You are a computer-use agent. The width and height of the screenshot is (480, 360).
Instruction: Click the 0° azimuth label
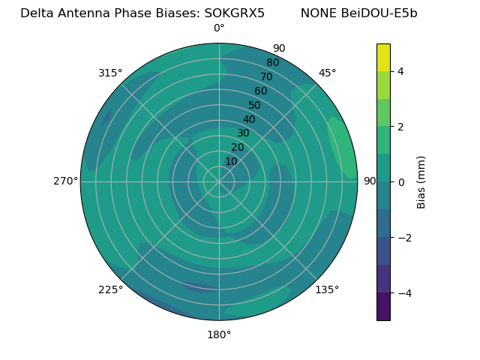click(219, 28)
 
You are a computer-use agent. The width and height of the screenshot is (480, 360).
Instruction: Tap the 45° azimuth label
click(327, 73)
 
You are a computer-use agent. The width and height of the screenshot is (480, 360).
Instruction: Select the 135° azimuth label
click(327, 289)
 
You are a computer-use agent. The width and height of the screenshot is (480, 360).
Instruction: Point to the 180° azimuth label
click(219, 334)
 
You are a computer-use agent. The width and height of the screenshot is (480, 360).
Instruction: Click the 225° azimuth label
click(110, 289)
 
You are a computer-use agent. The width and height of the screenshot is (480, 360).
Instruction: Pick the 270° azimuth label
click(65, 181)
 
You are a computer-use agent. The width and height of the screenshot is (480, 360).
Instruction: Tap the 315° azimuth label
click(110, 73)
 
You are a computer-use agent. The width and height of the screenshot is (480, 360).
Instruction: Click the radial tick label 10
click(231, 161)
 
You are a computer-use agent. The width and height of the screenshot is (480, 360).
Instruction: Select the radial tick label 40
click(249, 119)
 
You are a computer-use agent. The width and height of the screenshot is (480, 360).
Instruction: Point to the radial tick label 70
click(266, 76)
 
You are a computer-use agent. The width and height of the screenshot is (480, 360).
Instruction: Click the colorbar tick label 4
click(400, 71)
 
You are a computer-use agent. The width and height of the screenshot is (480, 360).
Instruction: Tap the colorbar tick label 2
click(400, 127)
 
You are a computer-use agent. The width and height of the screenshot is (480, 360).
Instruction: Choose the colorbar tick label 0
click(400, 181)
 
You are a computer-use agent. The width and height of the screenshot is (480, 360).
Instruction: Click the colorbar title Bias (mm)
click(421, 181)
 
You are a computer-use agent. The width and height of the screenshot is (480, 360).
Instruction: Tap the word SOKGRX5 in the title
click(234, 13)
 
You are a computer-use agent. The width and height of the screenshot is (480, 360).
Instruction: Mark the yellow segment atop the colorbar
click(383, 57)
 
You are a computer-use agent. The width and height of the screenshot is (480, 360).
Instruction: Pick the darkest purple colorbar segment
click(383, 307)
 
